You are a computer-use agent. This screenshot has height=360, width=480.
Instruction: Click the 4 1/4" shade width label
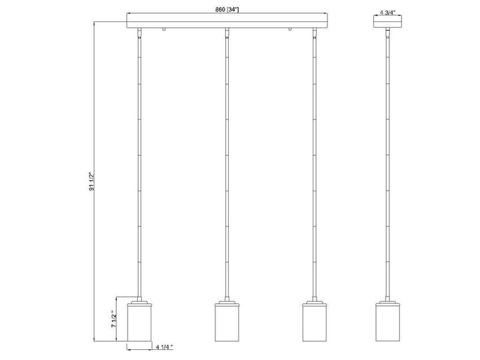tap(164, 347)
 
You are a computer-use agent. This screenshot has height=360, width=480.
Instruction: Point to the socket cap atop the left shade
tap(139, 302)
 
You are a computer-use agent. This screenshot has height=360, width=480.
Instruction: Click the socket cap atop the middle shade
tap(227, 302)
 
